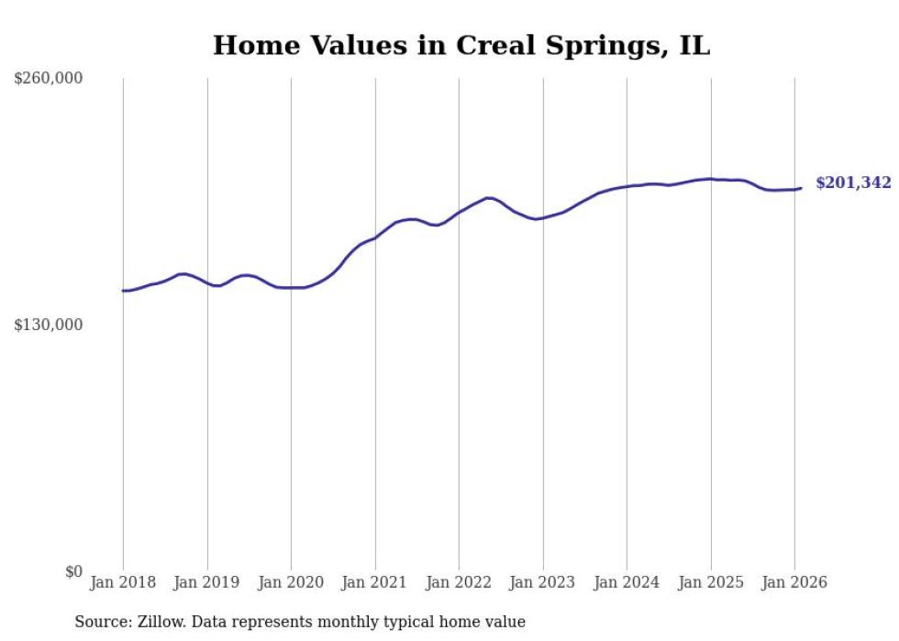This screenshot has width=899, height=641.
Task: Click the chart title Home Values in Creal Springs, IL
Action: pyautogui.click(x=461, y=45)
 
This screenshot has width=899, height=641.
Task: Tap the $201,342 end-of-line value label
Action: pyautogui.click(x=852, y=182)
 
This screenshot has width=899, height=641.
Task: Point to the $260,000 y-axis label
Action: pyautogui.click(x=49, y=78)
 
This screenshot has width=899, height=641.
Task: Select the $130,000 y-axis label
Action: pyautogui.click(x=49, y=325)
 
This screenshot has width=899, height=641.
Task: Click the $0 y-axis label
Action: pyautogui.click(x=74, y=571)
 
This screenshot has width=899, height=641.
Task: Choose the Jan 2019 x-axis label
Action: pyautogui.click(x=206, y=582)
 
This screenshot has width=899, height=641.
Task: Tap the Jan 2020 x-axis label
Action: pyautogui.click(x=291, y=582)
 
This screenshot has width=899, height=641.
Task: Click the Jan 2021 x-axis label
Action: pyautogui.click(x=374, y=582)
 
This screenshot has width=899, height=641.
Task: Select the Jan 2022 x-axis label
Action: pyautogui.click(x=459, y=582)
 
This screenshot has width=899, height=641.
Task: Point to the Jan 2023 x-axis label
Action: pyautogui.click(x=542, y=582)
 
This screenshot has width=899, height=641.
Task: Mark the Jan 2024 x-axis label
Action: pyautogui.click(x=627, y=582)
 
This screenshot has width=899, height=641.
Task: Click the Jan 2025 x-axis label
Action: pyautogui.click(x=711, y=582)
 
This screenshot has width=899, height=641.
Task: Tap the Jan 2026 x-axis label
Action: pyautogui.click(x=794, y=582)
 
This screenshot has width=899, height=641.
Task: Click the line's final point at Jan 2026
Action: pyautogui.click(x=801, y=188)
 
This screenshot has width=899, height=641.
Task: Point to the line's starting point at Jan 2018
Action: pyautogui.click(x=123, y=291)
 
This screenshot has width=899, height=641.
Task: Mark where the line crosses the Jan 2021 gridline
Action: pyautogui.click(x=374, y=238)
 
